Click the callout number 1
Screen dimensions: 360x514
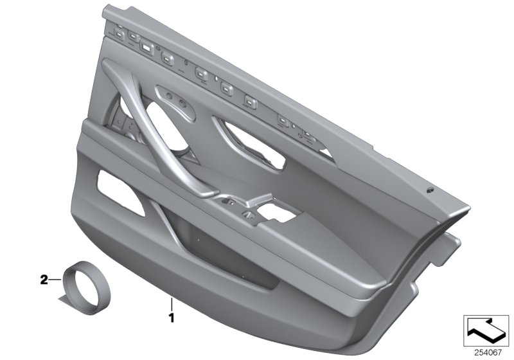(171, 317)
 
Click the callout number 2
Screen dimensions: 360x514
(44, 280)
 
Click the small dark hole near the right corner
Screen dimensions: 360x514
(429, 191)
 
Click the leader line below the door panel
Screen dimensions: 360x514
(171, 303)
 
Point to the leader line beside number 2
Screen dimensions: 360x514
(56, 280)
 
